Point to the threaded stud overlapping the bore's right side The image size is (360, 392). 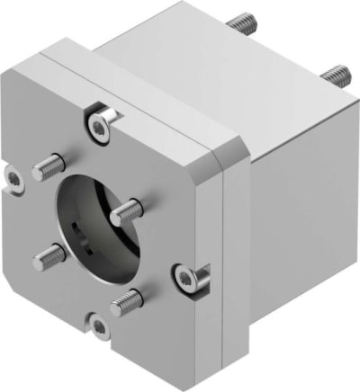point(127,212)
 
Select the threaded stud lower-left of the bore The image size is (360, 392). point(49,259)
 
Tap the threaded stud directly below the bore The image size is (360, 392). point(125,302)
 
